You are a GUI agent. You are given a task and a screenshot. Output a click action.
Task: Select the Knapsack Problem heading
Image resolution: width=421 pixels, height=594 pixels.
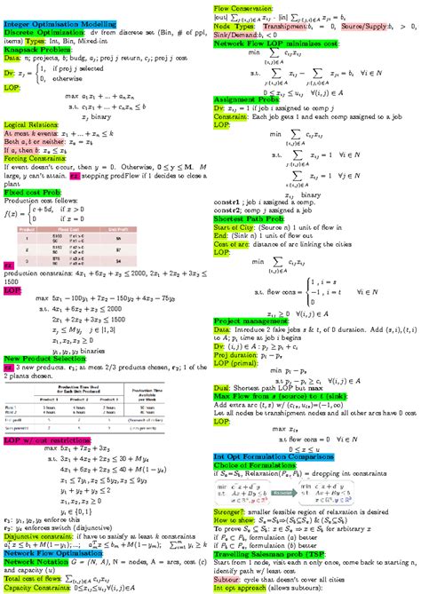coord(33,50)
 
